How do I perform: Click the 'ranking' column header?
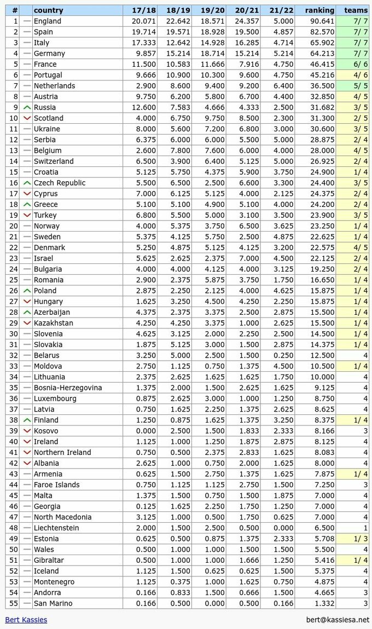[x=319, y=10]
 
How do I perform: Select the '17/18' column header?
[x=141, y=10]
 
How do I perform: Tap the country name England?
[x=48, y=21]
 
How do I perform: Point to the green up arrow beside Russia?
[x=27, y=107]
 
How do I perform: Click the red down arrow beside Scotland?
[x=27, y=118]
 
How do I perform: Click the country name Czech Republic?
[x=59, y=183]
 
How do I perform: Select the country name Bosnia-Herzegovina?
[x=68, y=388]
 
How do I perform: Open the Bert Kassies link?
[x=26, y=620]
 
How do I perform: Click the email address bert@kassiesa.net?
[x=338, y=620]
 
